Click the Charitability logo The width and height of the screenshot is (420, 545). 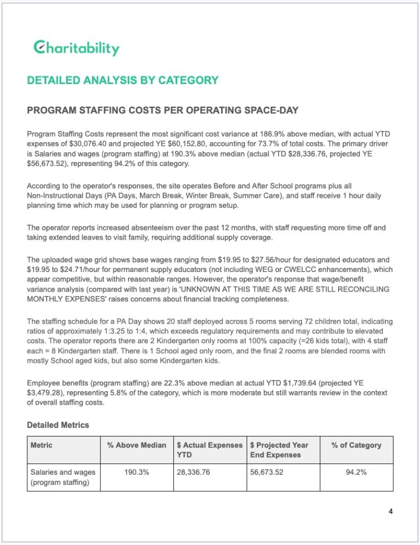pyautogui.click(x=75, y=48)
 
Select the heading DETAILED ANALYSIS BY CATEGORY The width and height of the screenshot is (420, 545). pyautogui.click(x=122, y=80)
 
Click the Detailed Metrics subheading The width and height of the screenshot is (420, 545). pyautogui.click(x=58, y=425)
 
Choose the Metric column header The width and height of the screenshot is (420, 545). pyautogui.click(x=41, y=445)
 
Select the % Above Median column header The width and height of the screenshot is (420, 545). pyautogui.click(x=137, y=445)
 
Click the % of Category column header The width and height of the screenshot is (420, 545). pyautogui.click(x=356, y=445)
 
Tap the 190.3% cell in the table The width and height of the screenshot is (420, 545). pyautogui.click(x=137, y=472)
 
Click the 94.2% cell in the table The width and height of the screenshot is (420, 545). pyautogui.click(x=356, y=472)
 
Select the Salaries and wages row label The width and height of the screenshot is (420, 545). pyautogui.click(x=63, y=477)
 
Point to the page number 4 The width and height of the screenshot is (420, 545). pyautogui.click(x=391, y=512)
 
